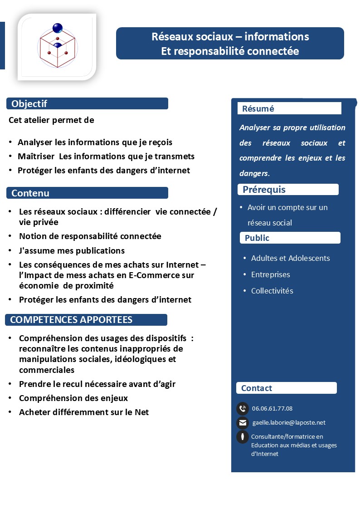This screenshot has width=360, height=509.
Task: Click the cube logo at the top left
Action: (x=57, y=47)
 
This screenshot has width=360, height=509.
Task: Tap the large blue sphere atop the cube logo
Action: (x=58, y=28)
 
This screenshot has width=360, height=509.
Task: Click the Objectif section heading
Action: (x=29, y=104)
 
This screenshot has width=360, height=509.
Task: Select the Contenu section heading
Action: (x=30, y=193)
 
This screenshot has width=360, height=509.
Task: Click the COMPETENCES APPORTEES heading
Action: (x=71, y=320)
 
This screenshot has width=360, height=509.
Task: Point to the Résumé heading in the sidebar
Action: (x=258, y=109)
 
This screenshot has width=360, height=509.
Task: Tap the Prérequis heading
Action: (x=264, y=190)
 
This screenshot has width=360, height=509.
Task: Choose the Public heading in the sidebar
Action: (x=257, y=238)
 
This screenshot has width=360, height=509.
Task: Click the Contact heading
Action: (x=257, y=388)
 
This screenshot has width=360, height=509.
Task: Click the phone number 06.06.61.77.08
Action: (x=272, y=409)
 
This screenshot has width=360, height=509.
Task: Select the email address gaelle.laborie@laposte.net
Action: (x=289, y=423)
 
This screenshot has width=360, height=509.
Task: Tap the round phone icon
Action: (x=243, y=409)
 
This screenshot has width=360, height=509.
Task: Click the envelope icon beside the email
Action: (x=243, y=423)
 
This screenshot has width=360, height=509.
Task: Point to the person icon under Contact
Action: (x=243, y=437)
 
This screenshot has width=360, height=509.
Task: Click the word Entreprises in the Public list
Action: (x=270, y=274)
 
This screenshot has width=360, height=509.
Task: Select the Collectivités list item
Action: (x=272, y=291)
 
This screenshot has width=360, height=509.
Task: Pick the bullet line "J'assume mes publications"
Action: (x=72, y=251)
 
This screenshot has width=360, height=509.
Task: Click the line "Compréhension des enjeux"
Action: (x=73, y=398)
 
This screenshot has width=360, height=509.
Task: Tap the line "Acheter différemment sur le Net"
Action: (x=84, y=412)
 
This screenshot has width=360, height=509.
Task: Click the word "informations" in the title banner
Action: (x=279, y=36)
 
